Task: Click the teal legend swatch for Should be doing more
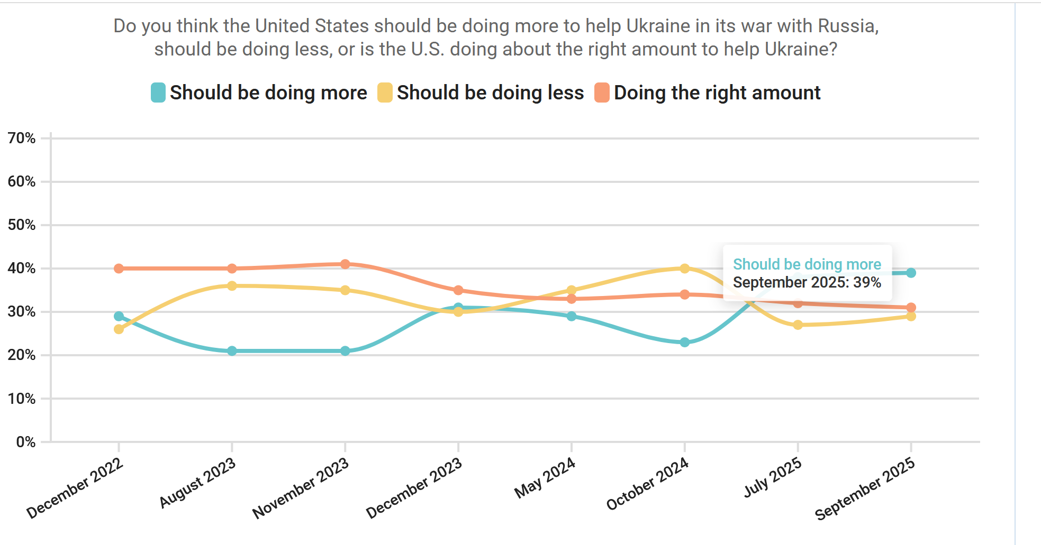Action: (x=158, y=93)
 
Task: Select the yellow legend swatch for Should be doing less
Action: (x=385, y=93)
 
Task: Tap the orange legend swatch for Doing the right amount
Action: (x=602, y=93)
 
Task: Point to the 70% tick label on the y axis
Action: (x=22, y=138)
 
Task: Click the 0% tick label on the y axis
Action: (x=25, y=442)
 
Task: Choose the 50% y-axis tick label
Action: (x=22, y=225)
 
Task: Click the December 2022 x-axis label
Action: (x=76, y=488)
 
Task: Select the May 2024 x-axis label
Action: (x=545, y=478)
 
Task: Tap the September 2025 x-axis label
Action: (x=865, y=488)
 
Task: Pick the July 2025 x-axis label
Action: (x=773, y=478)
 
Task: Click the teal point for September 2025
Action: (x=911, y=273)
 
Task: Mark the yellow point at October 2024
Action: (x=684, y=269)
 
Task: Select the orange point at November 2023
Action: (x=345, y=264)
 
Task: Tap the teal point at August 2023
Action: (x=232, y=351)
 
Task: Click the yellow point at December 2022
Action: (x=119, y=329)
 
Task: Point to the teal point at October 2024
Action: (x=684, y=343)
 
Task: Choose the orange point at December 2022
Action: (x=119, y=269)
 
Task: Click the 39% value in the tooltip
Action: (x=867, y=283)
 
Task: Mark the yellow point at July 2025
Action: (x=798, y=325)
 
